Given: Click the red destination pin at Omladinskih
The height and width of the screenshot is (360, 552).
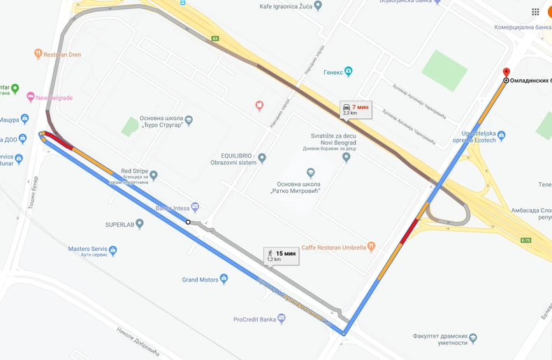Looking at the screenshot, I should click(x=507, y=72).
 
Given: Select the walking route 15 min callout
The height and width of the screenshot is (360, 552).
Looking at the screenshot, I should click(x=282, y=256).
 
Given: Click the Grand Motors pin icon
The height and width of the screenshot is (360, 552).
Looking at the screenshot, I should click(x=224, y=279).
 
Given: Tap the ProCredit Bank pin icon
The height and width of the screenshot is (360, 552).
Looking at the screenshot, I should click(x=282, y=319).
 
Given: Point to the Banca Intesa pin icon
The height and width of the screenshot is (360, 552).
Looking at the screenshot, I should click(x=195, y=207).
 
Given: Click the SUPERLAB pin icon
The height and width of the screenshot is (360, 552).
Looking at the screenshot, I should click(x=140, y=224).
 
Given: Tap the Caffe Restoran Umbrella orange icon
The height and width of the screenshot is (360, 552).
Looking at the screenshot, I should click(x=371, y=246).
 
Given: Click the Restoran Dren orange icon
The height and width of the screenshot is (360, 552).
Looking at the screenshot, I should click(x=38, y=54).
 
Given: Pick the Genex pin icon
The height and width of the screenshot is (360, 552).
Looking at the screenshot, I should click(x=348, y=71).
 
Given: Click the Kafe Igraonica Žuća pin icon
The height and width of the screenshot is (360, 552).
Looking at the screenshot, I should click(x=318, y=6).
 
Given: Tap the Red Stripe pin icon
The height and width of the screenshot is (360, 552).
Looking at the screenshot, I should click(x=154, y=175).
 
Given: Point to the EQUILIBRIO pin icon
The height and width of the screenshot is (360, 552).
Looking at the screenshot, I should click(x=262, y=158).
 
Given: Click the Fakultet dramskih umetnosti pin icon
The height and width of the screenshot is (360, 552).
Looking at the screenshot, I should click(x=473, y=338).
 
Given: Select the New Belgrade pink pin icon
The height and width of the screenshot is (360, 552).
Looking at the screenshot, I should click(x=31, y=97).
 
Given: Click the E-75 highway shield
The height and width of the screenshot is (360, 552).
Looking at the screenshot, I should click(x=525, y=240).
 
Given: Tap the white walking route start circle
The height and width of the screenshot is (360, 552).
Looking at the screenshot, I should click(x=188, y=222).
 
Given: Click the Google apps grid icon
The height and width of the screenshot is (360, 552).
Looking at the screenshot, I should click(x=535, y=12).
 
